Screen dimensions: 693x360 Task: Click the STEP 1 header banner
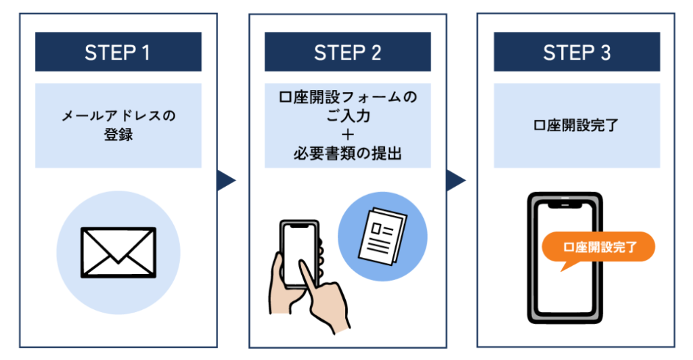pyautogui.click(x=118, y=51)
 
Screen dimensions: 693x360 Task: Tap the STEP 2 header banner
pyautogui.click(x=347, y=51)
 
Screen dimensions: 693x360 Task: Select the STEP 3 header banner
pyautogui.click(x=577, y=51)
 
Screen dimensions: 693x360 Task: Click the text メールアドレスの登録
pyautogui.click(x=118, y=125)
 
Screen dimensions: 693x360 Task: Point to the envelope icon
pyautogui.click(x=118, y=252)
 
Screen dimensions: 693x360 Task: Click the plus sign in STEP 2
pyautogui.click(x=348, y=135)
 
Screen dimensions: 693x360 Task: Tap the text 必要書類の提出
pyautogui.click(x=348, y=154)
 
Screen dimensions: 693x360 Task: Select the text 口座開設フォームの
pyautogui.click(x=348, y=97)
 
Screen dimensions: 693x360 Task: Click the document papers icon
pyautogui.click(x=382, y=236)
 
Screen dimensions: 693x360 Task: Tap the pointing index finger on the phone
pyautogui.click(x=309, y=283)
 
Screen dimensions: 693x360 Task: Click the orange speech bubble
pyautogui.click(x=598, y=249)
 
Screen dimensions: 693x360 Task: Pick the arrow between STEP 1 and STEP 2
pyautogui.click(x=226, y=180)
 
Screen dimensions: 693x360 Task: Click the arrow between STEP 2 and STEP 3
pyautogui.click(x=455, y=180)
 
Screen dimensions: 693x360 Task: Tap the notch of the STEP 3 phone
pyautogui.click(x=565, y=206)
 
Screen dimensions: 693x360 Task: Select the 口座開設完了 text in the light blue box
pyautogui.click(x=576, y=125)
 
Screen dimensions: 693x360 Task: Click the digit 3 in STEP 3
pyautogui.click(x=606, y=53)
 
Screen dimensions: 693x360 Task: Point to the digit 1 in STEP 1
pyautogui.click(x=146, y=53)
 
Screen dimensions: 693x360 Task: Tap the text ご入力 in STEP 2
pyautogui.click(x=348, y=116)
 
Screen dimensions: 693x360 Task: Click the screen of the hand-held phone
pyautogui.click(x=300, y=254)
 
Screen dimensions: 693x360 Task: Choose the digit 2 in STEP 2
pyautogui.click(x=376, y=53)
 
